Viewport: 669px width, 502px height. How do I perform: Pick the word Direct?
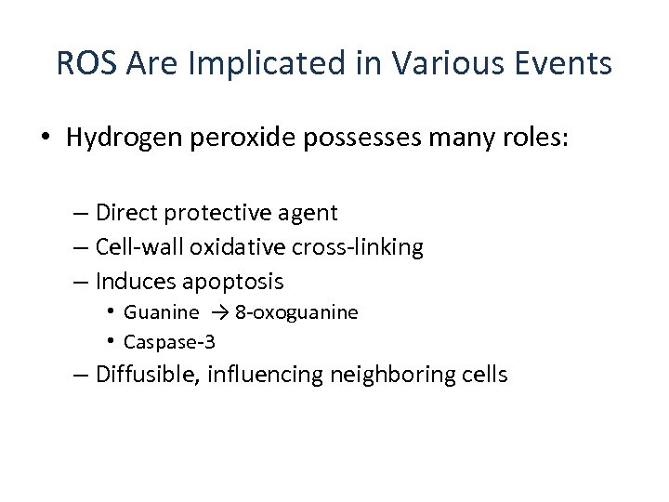(127, 213)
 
